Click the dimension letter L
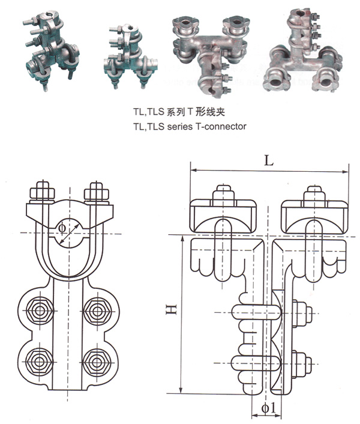(x=269, y=160)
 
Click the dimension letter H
(x=172, y=311)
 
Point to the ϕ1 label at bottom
(x=268, y=409)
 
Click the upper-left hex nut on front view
(x=40, y=311)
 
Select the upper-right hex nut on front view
(x=96, y=311)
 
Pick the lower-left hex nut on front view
(x=40, y=362)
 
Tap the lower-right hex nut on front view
(x=96, y=362)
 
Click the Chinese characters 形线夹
(x=210, y=112)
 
